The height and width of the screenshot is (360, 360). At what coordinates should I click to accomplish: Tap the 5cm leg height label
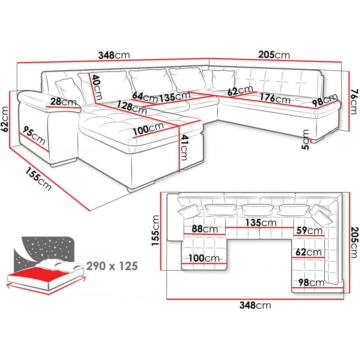[x=306, y=140]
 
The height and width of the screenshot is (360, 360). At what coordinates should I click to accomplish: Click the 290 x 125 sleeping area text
[x=112, y=266]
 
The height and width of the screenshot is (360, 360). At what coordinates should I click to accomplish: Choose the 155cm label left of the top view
[x=155, y=230]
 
